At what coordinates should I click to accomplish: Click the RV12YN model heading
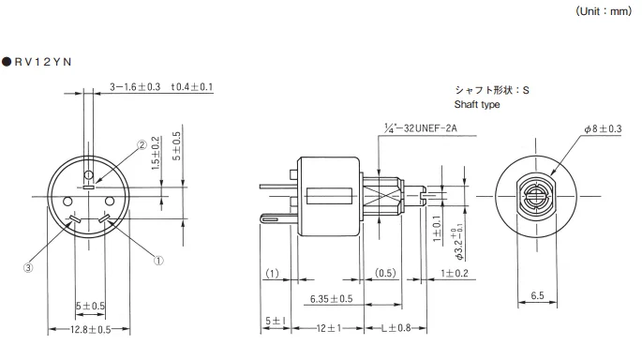37,62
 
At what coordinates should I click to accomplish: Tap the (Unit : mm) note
604,11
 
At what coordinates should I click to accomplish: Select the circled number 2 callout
142,145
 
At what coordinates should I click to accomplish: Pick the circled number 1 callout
158,261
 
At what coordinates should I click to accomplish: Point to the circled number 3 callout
28,268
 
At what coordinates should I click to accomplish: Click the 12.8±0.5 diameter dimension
91,330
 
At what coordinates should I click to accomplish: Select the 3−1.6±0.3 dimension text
135,87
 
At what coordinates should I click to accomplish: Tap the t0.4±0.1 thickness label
192,87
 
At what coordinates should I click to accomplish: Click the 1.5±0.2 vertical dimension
156,153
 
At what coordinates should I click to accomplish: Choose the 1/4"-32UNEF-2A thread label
421,128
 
